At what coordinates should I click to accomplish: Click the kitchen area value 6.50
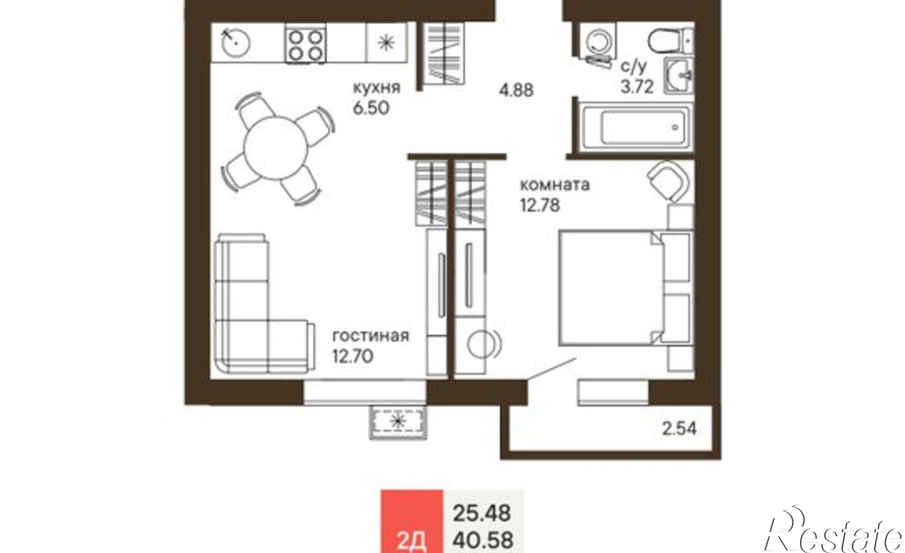(371, 108)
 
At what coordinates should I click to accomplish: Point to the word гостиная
(371, 336)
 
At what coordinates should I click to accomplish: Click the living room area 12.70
(353, 356)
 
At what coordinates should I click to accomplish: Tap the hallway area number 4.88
(516, 90)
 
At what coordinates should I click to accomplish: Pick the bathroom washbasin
(679, 76)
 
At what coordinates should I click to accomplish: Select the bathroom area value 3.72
(637, 86)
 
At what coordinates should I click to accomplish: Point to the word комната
(555, 185)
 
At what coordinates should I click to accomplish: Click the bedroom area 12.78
(540, 205)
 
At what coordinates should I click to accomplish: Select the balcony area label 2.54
(679, 429)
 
